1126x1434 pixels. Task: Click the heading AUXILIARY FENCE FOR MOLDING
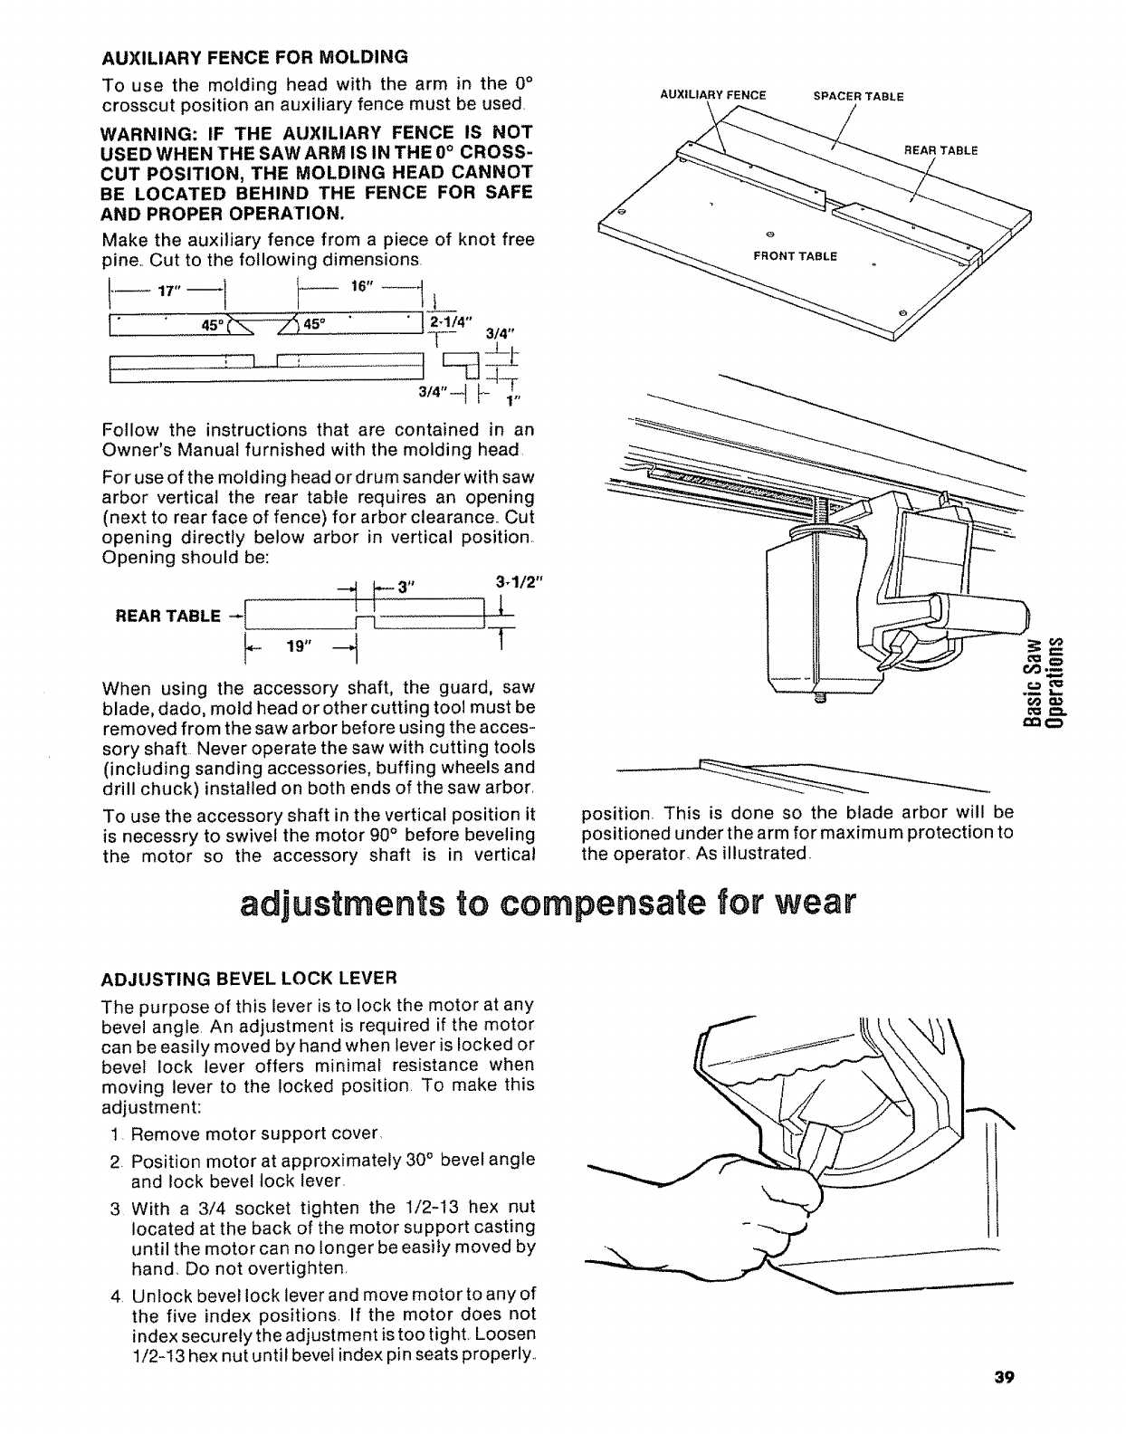coord(254,57)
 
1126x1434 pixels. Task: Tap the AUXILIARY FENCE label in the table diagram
coord(713,94)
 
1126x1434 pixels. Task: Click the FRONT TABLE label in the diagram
coord(796,256)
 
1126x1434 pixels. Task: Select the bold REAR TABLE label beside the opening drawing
coord(167,616)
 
